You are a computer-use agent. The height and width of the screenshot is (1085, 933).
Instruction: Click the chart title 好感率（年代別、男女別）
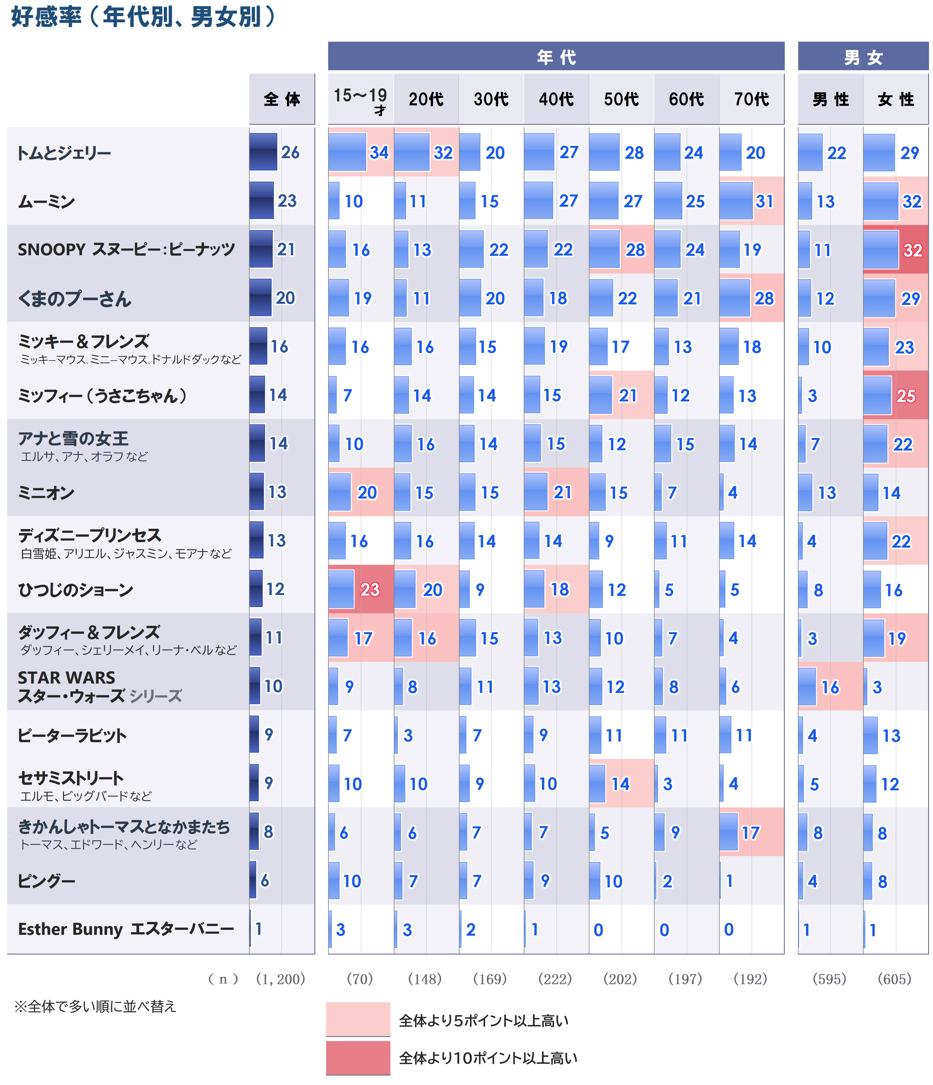pos(143,17)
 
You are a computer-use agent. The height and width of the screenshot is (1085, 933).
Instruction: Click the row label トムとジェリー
pos(64,153)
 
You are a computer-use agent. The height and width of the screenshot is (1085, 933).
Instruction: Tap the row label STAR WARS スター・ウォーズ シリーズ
pos(100,686)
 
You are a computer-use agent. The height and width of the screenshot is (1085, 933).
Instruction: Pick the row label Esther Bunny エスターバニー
pos(126,929)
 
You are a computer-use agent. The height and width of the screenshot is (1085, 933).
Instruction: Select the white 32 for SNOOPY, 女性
pos(912,250)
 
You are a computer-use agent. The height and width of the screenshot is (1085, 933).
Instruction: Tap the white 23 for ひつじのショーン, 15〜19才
pos(369,590)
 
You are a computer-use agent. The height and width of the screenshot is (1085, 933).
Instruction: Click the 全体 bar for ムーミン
pos(261,200)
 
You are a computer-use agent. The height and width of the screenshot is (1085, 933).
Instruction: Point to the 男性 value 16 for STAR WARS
pos(830,687)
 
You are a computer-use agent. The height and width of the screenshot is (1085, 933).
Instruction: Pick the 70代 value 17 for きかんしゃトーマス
pos(750,833)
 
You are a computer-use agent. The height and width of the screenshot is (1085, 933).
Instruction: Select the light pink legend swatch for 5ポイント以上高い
pos(358,1019)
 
